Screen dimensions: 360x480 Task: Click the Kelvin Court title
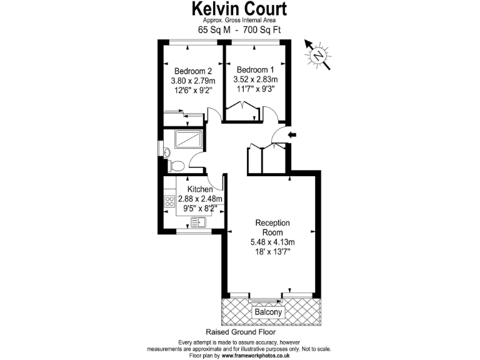(239, 9)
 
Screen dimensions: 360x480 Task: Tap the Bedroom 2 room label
(192, 71)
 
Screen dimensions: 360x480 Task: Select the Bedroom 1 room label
(254, 69)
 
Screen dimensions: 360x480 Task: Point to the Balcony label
(269, 312)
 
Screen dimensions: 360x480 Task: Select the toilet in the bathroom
(177, 166)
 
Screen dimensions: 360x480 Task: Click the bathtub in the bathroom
(187, 139)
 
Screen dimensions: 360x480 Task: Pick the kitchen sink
(198, 222)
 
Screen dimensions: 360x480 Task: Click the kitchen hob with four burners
(169, 202)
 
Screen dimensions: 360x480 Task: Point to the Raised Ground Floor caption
(239, 332)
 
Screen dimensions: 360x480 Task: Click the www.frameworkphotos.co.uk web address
(255, 356)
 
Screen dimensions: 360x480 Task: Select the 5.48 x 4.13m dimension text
(272, 242)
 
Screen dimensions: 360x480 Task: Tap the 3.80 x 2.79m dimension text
(192, 81)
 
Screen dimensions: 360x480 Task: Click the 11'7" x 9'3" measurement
(254, 90)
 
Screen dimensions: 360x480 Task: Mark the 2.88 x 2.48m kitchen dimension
(201, 199)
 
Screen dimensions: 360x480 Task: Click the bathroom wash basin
(161, 150)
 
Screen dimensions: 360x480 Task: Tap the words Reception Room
(272, 227)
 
